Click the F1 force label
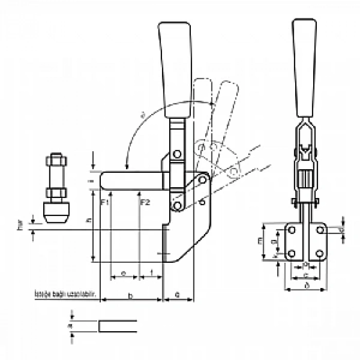click(x=105, y=202)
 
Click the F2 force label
click(x=146, y=202)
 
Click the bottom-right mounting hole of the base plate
click(x=319, y=254)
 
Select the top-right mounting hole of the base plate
click(x=319, y=230)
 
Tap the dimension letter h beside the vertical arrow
click(x=88, y=220)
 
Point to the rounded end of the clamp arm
click(x=105, y=180)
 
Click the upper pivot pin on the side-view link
click(x=176, y=154)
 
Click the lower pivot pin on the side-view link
click(x=177, y=206)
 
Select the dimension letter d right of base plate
click(x=342, y=230)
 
